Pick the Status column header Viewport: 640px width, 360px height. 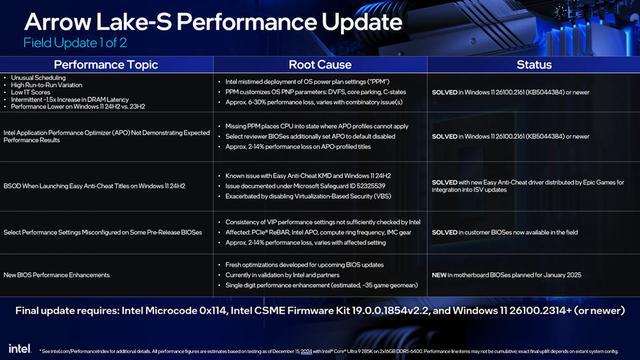click(x=531, y=63)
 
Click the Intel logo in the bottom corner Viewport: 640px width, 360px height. click(x=19, y=347)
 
